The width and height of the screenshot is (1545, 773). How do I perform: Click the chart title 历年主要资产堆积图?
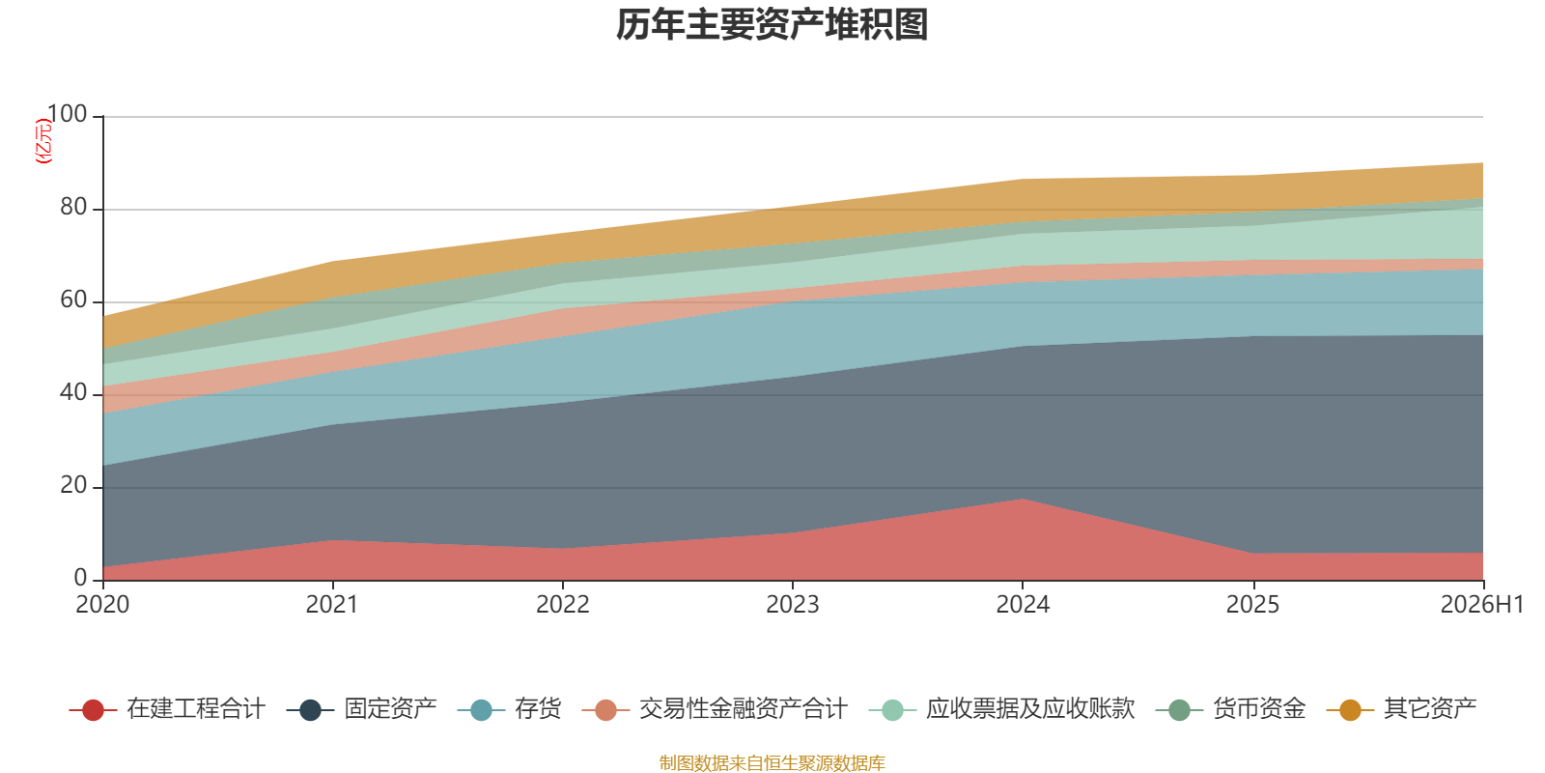[x=772, y=25]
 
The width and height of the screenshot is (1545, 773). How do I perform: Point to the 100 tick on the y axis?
[x=67, y=114]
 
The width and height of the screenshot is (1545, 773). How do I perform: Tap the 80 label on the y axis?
[x=73, y=207]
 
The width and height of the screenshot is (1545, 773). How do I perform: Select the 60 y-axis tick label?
[x=73, y=300]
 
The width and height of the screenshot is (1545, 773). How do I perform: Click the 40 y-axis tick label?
[x=73, y=392]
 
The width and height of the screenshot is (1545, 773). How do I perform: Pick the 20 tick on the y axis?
[x=73, y=485]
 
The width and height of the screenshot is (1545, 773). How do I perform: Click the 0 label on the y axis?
[x=81, y=578]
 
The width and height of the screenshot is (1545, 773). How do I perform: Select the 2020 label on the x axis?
[x=102, y=605]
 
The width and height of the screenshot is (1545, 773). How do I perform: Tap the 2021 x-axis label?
[x=332, y=605]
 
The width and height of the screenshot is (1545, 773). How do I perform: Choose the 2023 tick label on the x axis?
[x=793, y=605]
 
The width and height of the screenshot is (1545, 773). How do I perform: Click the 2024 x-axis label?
[x=1023, y=605]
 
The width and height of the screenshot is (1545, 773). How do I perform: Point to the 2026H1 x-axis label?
[x=1482, y=605]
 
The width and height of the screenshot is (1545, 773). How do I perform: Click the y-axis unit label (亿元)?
[x=43, y=141]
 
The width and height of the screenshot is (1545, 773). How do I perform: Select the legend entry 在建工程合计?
[x=168, y=709]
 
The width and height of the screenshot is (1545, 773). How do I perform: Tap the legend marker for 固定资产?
[x=310, y=710]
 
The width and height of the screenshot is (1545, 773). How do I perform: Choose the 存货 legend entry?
[x=510, y=709]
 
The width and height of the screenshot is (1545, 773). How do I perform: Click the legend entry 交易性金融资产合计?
[x=716, y=709]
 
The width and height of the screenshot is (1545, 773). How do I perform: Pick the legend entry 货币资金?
[x=1231, y=709]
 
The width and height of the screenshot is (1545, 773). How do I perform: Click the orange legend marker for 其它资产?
[x=1351, y=710]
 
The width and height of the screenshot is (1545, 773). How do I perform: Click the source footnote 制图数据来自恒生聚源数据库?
[x=772, y=762]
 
